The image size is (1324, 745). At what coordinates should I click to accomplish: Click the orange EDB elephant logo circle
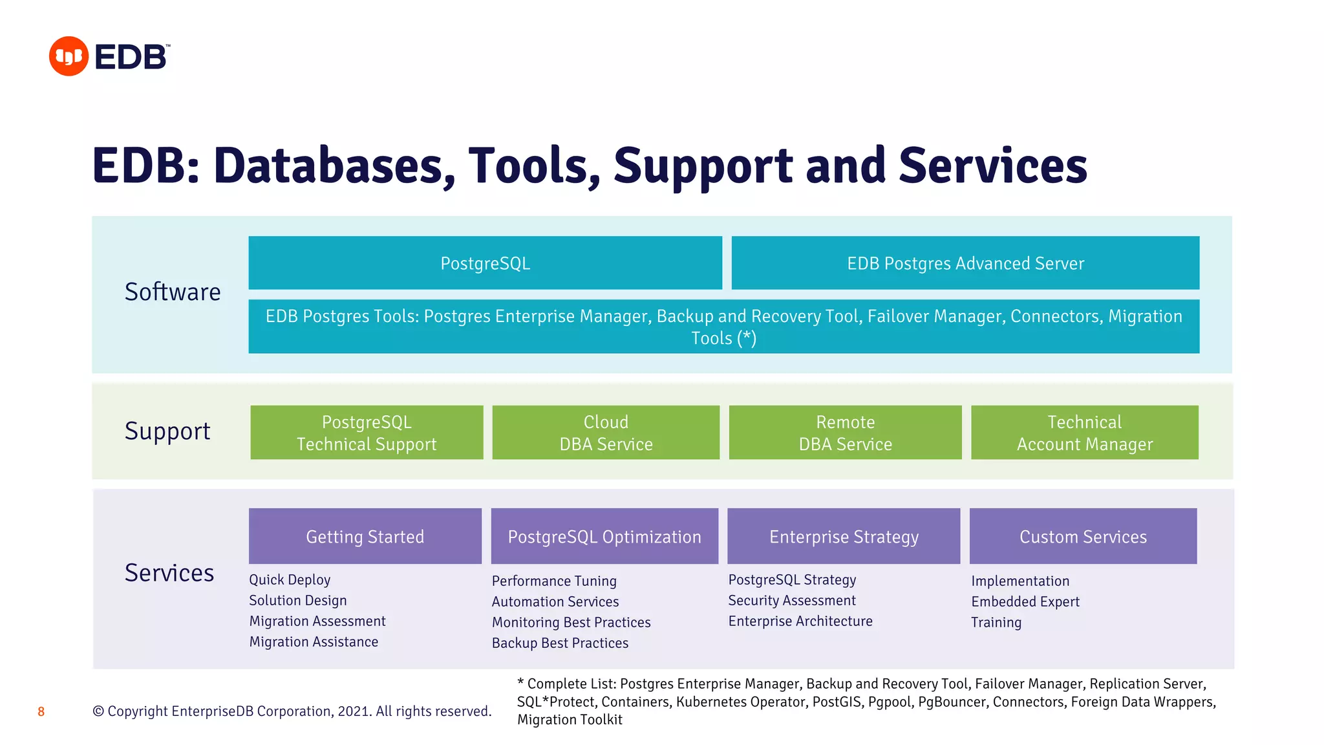point(69,56)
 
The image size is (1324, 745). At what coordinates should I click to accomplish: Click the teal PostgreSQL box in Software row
point(485,263)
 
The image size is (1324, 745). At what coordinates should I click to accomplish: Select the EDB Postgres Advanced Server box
point(965,263)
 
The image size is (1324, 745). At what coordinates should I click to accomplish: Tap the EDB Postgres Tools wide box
point(723,326)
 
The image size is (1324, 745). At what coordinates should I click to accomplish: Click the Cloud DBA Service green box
point(606,433)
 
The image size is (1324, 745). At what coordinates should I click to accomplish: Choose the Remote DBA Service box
point(845,433)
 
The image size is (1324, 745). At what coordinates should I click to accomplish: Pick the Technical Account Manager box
point(1084,433)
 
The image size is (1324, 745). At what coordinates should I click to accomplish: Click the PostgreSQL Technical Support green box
point(367,433)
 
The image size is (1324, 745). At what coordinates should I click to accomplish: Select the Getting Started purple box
point(365,536)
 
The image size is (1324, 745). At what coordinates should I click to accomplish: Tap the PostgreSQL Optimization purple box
point(604,536)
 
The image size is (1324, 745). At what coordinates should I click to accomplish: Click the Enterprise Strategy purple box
point(844,536)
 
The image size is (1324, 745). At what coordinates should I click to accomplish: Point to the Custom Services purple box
point(1083,536)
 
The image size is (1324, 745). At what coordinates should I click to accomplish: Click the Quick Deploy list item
point(290,580)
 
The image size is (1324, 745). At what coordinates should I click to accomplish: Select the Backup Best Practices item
point(560,643)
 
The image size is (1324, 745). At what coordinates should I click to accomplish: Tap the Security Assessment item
point(792,601)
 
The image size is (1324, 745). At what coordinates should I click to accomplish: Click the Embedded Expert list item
point(1025,602)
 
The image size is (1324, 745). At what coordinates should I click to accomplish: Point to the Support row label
point(167,431)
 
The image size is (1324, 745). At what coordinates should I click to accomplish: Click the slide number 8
point(41,712)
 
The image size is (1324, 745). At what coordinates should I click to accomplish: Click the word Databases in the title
point(334,166)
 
